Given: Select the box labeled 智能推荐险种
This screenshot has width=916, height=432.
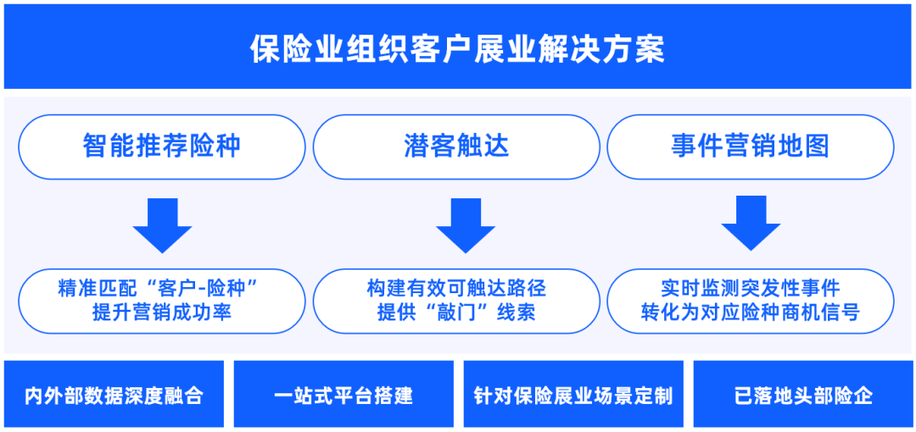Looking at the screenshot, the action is [162, 147].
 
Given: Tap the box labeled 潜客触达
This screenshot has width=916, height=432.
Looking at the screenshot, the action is [457, 147].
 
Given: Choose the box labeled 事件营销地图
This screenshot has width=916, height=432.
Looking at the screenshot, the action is [751, 147].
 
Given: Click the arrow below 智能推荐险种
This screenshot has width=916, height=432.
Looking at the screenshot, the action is [162, 225].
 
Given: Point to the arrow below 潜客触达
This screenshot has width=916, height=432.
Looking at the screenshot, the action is [466, 225].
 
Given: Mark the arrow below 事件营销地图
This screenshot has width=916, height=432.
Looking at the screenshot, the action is [751, 224].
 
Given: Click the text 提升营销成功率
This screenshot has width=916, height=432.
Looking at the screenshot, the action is [162, 313].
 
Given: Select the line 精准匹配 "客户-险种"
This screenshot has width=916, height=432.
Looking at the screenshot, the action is [159, 288].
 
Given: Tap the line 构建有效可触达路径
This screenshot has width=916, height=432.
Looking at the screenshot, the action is [457, 288].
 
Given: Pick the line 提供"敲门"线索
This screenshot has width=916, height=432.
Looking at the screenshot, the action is [457, 313].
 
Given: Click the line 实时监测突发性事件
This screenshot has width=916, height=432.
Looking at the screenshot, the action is [751, 288].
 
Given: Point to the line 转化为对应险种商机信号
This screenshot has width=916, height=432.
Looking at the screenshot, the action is [751, 313].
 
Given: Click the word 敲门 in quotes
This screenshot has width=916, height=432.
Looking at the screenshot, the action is [457, 313].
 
